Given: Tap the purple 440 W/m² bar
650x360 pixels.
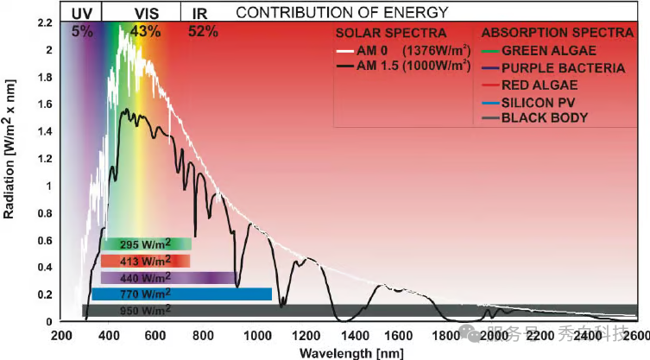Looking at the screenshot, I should (168, 278).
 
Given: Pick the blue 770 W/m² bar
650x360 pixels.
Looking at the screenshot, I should (181, 294).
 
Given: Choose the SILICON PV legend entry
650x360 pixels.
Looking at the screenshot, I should (541, 101).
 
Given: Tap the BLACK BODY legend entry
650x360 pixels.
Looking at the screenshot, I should (545, 117).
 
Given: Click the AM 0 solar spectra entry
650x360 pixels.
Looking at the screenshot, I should (406, 52).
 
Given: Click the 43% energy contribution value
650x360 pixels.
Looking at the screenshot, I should (144, 31).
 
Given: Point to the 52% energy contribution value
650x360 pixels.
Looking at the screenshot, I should (203, 31).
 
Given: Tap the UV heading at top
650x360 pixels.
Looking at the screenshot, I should (82, 12).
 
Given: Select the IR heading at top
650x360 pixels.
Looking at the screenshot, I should (199, 12).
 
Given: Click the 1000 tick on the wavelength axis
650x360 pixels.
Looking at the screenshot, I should (255, 335).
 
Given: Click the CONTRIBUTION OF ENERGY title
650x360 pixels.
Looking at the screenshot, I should (342, 12).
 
